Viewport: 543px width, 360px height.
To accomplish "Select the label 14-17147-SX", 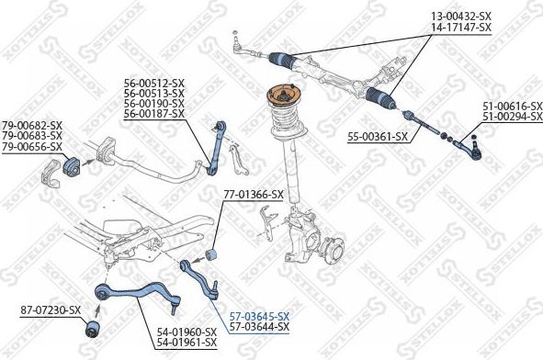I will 461,28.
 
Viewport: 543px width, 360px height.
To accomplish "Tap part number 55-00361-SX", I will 377,137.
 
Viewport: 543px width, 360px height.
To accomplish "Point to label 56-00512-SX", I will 154,82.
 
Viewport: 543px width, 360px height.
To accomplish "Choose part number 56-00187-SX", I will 154,114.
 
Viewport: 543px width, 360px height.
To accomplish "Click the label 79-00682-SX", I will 31,125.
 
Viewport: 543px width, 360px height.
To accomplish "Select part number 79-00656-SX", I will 31,147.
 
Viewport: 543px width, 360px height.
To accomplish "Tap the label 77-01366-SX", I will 254,195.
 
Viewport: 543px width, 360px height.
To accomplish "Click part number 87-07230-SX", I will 51,311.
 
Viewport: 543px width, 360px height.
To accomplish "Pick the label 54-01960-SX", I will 186,332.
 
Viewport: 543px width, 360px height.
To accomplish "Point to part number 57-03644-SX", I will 259,327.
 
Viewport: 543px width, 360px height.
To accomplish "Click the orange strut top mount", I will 284,96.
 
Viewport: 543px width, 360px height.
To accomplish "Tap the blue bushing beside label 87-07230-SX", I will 94,326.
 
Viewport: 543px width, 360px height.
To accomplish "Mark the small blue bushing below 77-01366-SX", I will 214,253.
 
